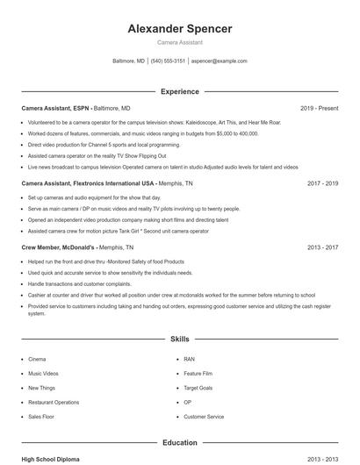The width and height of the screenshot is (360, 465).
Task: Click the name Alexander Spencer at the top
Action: [x=180, y=29]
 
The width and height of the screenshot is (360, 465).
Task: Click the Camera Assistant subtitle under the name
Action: [x=180, y=42]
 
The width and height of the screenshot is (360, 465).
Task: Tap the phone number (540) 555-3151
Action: [x=168, y=61]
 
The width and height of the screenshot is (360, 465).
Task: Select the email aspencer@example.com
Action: [x=220, y=61]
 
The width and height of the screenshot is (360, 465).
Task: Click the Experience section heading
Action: [x=180, y=91]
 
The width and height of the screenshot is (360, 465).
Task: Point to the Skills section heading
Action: [x=180, y=338]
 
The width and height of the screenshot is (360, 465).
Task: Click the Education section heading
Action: [x=180, y=443]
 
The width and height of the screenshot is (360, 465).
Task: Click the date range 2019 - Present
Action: [x=319, y=108]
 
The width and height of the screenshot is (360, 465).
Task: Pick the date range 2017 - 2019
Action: [x=322, y=183]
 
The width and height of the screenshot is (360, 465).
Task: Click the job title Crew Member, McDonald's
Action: [x=58, y=247]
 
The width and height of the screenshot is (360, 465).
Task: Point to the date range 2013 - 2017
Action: [x=322, y=247]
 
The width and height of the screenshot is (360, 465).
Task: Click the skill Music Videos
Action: [x=43, y=373]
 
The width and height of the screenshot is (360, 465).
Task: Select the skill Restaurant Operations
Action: [x=54, y=402]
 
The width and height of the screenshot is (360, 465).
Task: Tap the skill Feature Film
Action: [x=198, y=373]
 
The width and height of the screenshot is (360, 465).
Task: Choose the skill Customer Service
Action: [x=204, y=417]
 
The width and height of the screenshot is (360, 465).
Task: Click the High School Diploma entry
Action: [x=52, y=459]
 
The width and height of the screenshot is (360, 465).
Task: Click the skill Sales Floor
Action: [x=41, y=417]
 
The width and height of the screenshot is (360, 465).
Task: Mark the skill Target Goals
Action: [x=198, y=387]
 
